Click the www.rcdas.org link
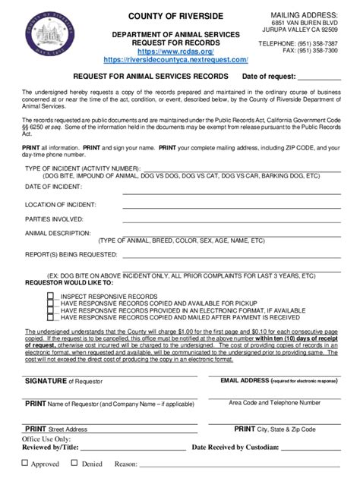point(175,52)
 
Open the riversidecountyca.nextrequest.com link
point(175,59)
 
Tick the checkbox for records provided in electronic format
point(51,310)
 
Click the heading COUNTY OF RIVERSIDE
point(175,17)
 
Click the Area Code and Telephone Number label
point(275,402)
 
